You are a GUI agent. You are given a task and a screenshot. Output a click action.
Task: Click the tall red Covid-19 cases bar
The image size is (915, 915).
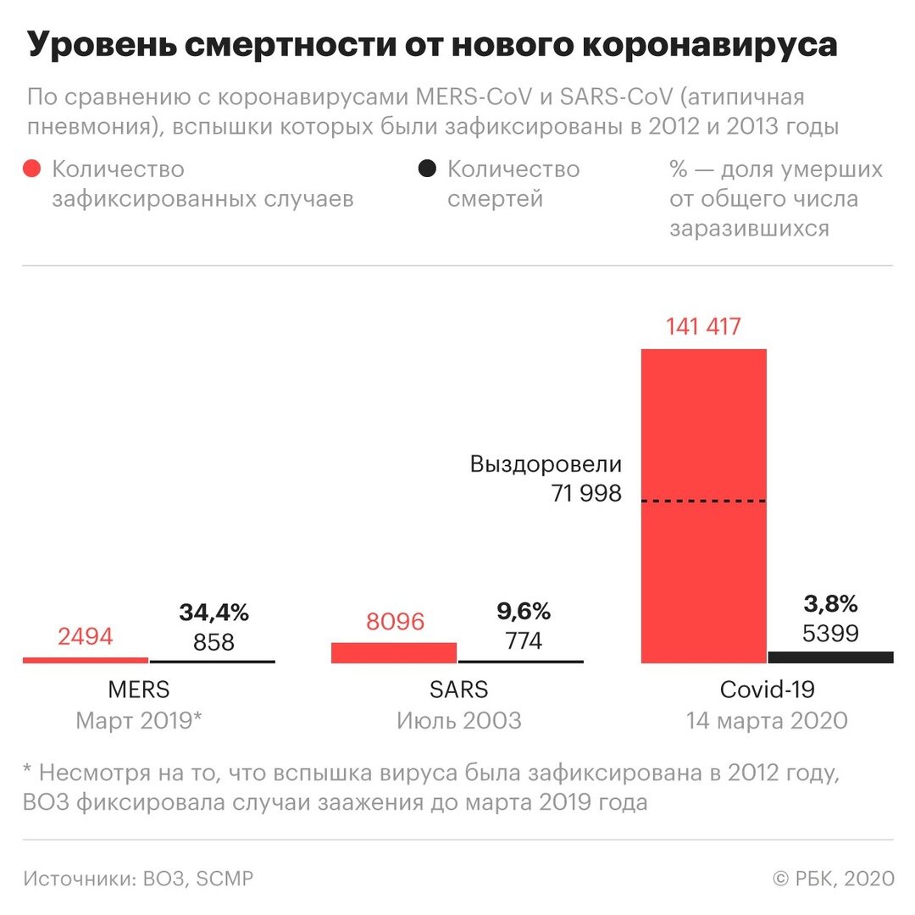click(703, 424)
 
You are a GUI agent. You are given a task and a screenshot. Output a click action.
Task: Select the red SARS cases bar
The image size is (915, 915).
click(394, 652)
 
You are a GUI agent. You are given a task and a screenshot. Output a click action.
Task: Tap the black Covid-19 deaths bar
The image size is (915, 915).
click(830, 657)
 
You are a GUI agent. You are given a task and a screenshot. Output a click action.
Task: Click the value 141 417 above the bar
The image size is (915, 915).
click(703, 326)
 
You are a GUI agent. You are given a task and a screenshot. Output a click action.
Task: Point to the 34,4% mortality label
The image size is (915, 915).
click(213, 612)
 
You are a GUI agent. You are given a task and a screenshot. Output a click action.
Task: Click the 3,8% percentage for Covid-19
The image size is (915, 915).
click(829, 604)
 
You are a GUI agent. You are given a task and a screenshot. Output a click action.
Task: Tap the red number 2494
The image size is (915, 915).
click(86, 637)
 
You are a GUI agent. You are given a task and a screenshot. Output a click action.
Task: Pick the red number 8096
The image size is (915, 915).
click(395, 622)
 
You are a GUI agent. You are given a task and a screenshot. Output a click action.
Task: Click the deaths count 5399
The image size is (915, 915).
click(829, 633)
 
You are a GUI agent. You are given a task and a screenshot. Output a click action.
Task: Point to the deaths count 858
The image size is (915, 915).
click(213, 641)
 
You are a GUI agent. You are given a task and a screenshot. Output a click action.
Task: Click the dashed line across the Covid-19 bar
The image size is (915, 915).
click(703, 502)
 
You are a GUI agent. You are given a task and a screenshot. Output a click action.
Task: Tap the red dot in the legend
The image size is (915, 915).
click(32, 169)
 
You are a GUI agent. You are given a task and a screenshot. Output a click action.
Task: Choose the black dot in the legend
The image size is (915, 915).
click(427, 169)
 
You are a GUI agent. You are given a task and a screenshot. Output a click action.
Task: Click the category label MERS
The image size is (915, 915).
click(140, 690)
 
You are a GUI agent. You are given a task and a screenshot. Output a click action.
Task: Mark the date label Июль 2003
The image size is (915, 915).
click(458, 721)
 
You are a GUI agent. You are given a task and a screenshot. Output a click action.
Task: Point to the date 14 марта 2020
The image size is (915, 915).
click(767, 721)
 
